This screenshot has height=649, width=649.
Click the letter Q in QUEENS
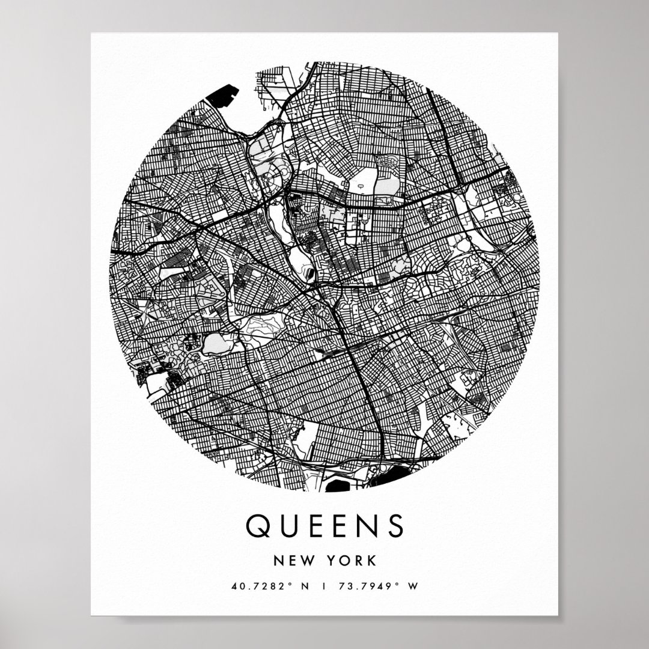[x=259, y=526]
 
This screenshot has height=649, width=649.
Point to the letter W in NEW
[x=305, y=561]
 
